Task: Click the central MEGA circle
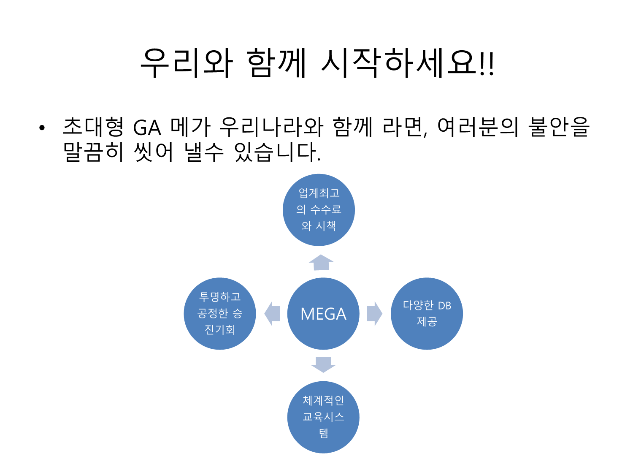323,314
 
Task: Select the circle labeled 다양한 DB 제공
427,314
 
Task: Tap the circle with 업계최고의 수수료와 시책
319,210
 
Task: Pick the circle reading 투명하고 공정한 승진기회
220,314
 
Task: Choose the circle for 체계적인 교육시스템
323,417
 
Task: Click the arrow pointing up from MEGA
321,263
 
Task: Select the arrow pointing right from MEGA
374,314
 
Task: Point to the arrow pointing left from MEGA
272,314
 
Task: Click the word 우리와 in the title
186,63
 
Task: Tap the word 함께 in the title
276,63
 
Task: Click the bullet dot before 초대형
41,128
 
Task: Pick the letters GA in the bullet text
147,128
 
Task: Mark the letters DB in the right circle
444,306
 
